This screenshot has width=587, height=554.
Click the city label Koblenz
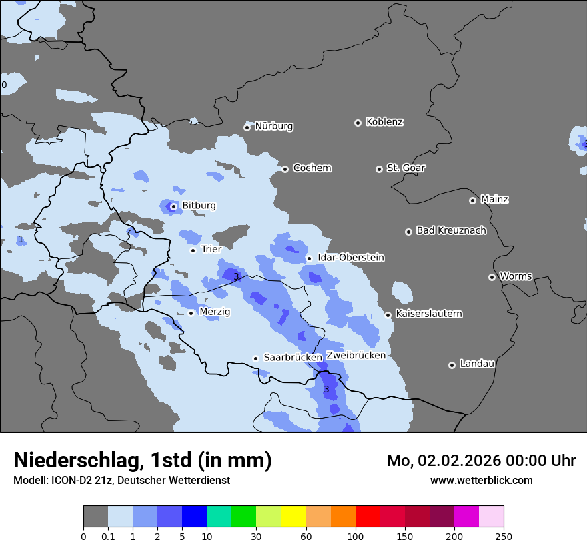pos(384,122)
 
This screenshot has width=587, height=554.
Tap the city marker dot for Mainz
pos(472,200)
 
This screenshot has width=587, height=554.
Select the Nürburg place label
pos(273,126)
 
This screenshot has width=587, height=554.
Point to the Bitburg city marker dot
pos(173,206)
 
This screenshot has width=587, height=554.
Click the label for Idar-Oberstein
pos(351,258)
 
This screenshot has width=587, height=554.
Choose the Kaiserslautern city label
pos(428,314)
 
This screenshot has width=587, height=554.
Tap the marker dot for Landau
pos(452,365)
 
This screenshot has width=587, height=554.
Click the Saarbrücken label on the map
pos(292,358)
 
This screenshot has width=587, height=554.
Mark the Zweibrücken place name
pos(356,356)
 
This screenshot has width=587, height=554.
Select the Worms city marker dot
pos(492,277)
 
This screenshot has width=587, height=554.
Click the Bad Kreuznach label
pos(451,230)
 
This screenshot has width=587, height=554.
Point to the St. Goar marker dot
pos(379,169)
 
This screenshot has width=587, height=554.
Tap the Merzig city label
pos(215,312)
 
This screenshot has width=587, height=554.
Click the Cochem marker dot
pos(285,169)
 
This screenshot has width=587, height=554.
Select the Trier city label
pos(211,249)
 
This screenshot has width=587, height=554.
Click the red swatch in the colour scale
pos(368,517)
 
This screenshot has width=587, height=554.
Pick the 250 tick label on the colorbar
pos(504,537)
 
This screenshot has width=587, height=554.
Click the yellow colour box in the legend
pos(293,517)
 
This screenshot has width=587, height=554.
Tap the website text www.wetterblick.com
pos(481,480)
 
